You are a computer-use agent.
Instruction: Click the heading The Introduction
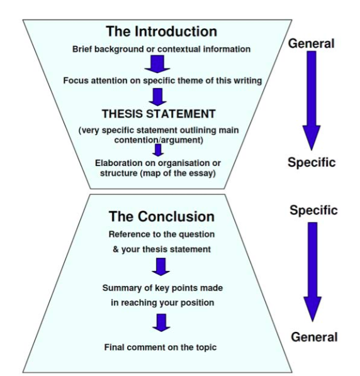pos(161,31)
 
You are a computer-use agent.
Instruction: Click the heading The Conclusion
pos(161,216)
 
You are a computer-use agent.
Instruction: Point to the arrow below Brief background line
pos(158,64)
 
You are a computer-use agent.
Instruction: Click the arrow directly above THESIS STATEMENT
pos(158,97)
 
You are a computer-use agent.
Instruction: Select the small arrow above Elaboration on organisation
pos(158,150)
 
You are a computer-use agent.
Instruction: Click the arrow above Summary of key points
pos(161,267)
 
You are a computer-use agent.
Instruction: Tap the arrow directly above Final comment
pos(161,322)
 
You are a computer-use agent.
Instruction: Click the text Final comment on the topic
pos(161,347)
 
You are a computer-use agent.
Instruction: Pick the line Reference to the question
pos(161,234)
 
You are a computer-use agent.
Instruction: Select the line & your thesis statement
pos(161,249)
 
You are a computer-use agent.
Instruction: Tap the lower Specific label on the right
pos(313,210)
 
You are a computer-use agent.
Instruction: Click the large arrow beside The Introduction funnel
pos(312,101)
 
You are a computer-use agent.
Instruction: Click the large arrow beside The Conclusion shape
pos(313,270)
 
